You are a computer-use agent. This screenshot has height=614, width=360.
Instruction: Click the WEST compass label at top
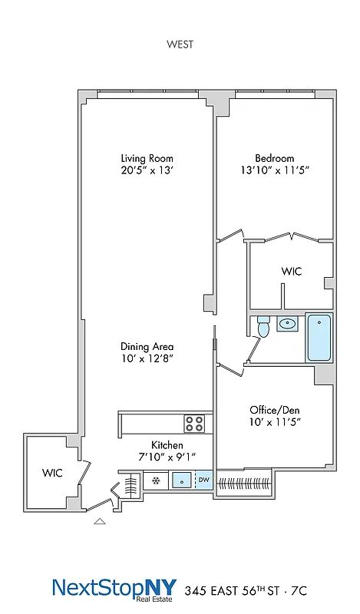[180, 44]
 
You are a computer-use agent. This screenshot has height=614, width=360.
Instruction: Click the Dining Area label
[146, 346]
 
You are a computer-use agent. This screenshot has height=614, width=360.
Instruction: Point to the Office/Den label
[274, 409]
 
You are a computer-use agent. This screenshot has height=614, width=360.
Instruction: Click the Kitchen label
[166, 445]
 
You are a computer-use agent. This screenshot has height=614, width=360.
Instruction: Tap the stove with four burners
[193, 422]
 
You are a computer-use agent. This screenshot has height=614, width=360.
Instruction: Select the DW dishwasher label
[204, 481]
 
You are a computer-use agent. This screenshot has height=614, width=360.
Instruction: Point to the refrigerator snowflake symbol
[156, 481]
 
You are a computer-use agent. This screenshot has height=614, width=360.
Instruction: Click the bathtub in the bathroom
[319, 338]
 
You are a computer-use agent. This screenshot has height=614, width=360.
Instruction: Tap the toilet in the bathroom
[263, 328]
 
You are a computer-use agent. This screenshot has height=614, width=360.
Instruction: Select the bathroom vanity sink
[288, 324]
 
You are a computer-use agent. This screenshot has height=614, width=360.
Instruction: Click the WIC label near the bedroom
[292, 272]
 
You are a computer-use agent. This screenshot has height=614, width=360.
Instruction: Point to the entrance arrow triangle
[99, 521]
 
